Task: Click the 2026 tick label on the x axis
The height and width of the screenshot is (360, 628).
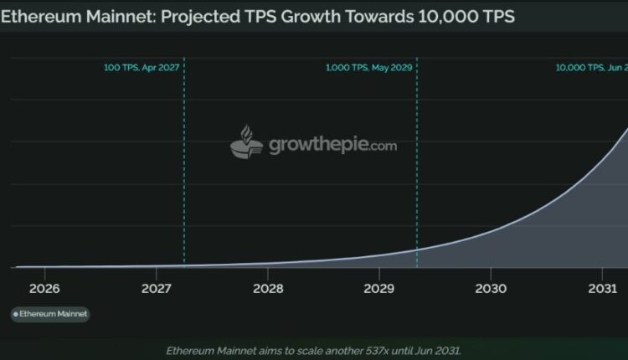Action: click(44, 289)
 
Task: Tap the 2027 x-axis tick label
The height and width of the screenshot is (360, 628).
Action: click(156, 289)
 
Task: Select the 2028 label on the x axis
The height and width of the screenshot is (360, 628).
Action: click(267, 289)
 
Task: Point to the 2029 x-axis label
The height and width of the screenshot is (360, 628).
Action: click(378, 289)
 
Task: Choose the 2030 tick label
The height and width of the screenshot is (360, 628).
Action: click(491, 289)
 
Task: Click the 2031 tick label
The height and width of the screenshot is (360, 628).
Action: click(602, 289)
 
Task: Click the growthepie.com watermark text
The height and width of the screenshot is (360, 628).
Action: click(332, 145)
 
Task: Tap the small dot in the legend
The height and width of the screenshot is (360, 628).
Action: click(15, 314)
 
